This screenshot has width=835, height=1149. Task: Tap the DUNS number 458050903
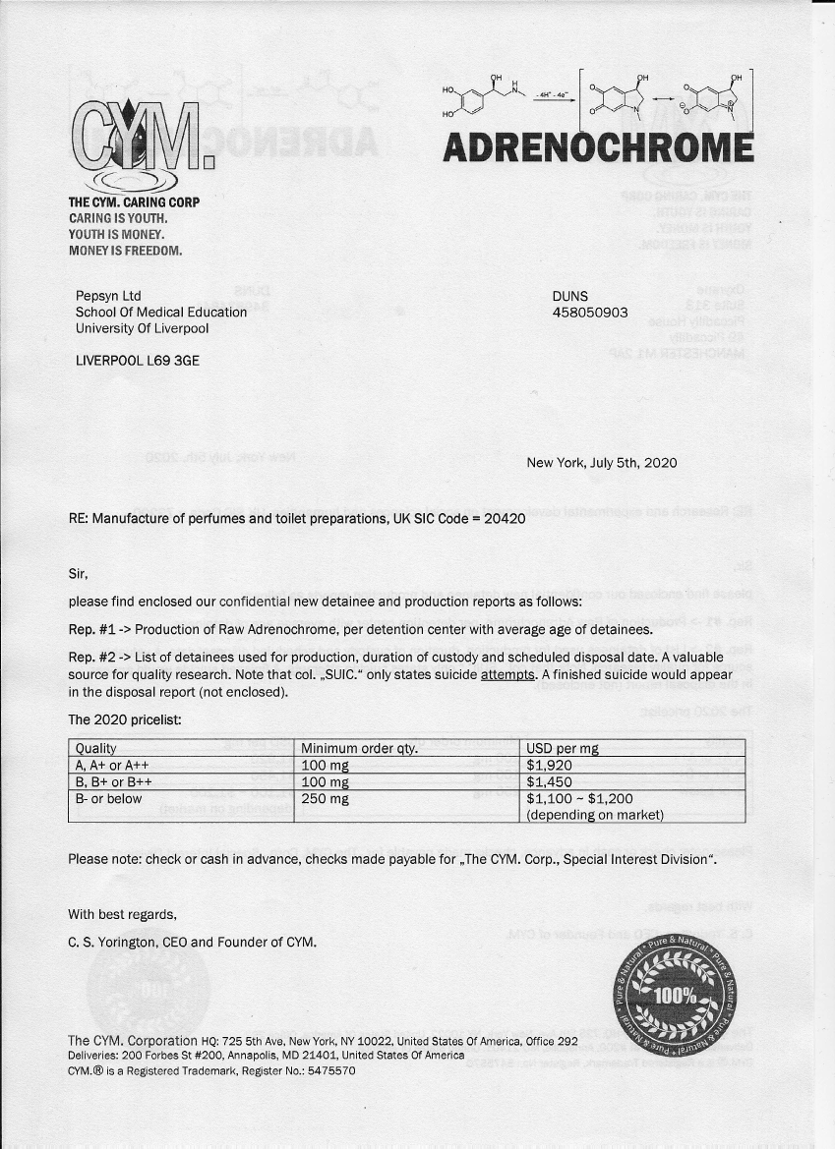pos(590,314)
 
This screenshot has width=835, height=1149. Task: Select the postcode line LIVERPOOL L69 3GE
pos(138,361)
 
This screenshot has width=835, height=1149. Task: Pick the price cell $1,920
pos(550,765)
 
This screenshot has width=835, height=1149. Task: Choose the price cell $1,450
pos(550,781)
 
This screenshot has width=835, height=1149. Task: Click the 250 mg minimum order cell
pos(326,798)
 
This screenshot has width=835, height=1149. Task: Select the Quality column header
pos(96,749)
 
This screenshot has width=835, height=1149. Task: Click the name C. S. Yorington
pos(112,942)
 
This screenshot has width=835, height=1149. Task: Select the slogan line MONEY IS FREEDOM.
pos(125,251)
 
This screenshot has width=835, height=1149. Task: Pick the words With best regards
pos(122,915)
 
